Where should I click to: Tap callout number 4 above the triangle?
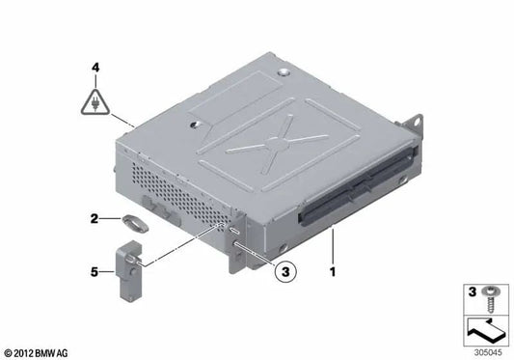tap(95, 68)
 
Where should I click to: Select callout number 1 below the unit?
tap(334, 273)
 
